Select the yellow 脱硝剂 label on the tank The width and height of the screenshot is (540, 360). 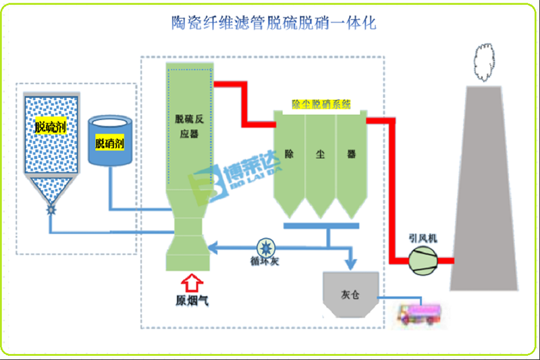coord(109,144)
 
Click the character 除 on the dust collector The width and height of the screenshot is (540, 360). coord(290,154)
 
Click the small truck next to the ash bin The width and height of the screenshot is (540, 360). coord(414,313)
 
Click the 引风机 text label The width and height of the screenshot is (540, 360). coord(423,238)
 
